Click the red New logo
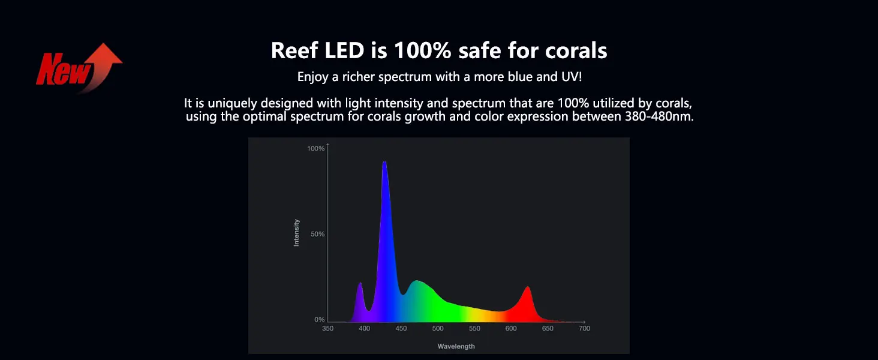(x=79, y=67)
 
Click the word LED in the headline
(x=344, y=51)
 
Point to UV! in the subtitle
(x=572, y=76)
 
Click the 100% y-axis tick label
(x=315, y=149)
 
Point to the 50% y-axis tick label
(x=317, y=234)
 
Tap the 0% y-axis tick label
(x=320, y=320)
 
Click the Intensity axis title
(x=296, y=233)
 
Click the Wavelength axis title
(x=456, y=346)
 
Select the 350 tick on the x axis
(x=327, y=329)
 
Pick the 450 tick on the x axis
(x=401, y=329)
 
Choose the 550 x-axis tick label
(x=474, y=329)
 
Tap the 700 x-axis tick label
(x=584, y=329)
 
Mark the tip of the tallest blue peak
(x=384, y=161)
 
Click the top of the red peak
(x=528, y=287)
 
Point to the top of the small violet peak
(x=360, y=283)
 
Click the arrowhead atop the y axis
(x=327, y=145)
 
